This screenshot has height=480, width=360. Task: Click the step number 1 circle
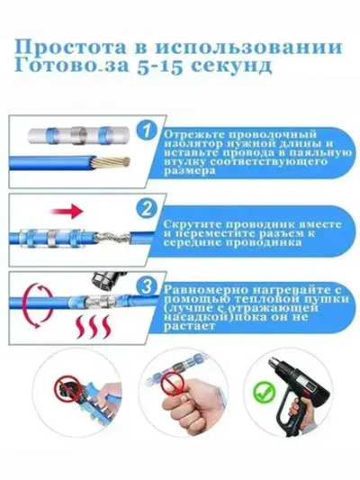[x=150, y=135]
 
